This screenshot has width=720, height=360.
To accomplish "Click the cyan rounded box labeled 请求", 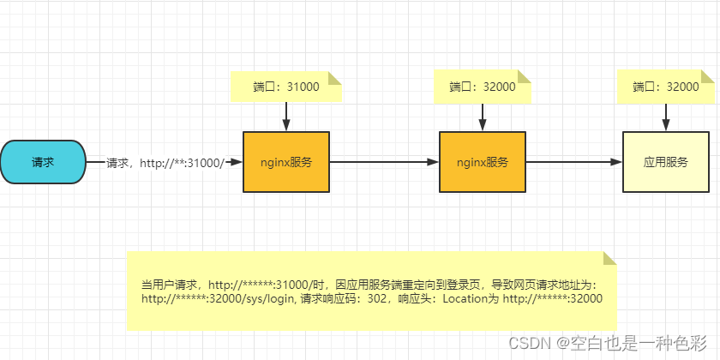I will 43,161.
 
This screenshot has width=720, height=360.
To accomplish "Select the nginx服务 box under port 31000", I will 285,161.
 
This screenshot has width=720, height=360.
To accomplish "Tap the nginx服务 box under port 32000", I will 483,161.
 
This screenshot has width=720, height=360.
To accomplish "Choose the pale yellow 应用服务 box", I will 666,161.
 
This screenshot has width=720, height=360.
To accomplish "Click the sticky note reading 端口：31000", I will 285,87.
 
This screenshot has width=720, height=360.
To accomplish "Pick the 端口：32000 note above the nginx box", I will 483,87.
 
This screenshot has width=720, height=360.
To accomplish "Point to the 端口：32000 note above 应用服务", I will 666,87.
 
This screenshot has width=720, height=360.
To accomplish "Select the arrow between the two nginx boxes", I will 383,161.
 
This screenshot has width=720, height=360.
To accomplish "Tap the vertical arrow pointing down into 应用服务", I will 666,117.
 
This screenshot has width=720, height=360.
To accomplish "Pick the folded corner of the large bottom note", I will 609,259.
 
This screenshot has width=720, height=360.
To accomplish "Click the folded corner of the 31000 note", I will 335,78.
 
